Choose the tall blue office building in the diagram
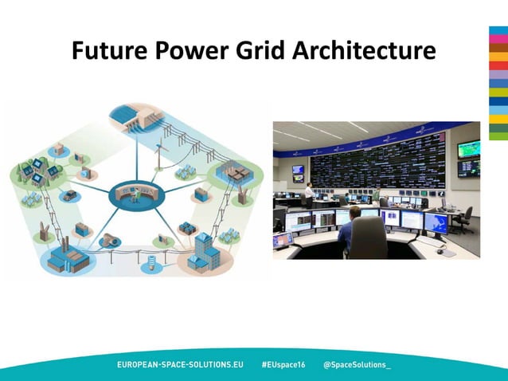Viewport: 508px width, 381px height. [x=205, y=247]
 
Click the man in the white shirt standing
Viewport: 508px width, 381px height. [x=309, y=194]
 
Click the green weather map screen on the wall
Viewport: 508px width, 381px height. [x=468, y=151]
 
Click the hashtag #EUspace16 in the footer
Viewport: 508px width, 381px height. [x=283, y=364]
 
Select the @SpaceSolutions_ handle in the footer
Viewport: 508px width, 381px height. [x=357, y=364]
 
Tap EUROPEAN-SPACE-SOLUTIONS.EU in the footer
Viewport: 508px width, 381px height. [x=180, y=364]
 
